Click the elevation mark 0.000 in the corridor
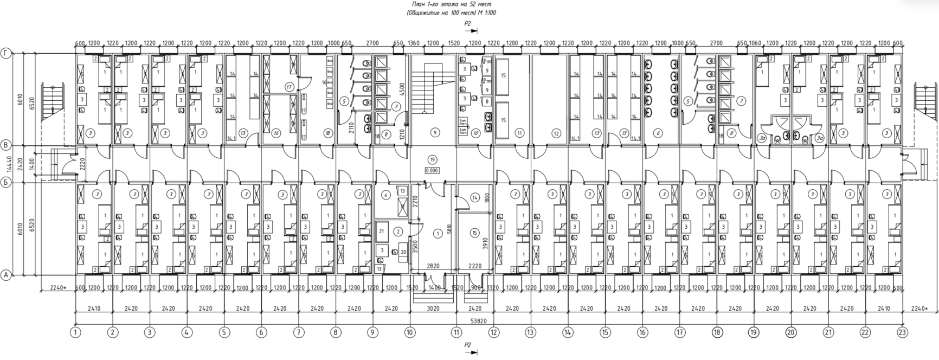pos(432,170)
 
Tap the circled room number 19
pos(432,159)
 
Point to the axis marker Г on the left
pos(7,53)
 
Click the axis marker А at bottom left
pos(7,275)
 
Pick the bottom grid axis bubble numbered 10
pos(409,332)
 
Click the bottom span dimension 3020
pos(432,308)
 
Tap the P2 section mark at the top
pos(468,24)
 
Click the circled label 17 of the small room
pos(289,87)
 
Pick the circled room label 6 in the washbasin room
pos(658,132)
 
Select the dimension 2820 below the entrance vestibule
pos(432,267)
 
